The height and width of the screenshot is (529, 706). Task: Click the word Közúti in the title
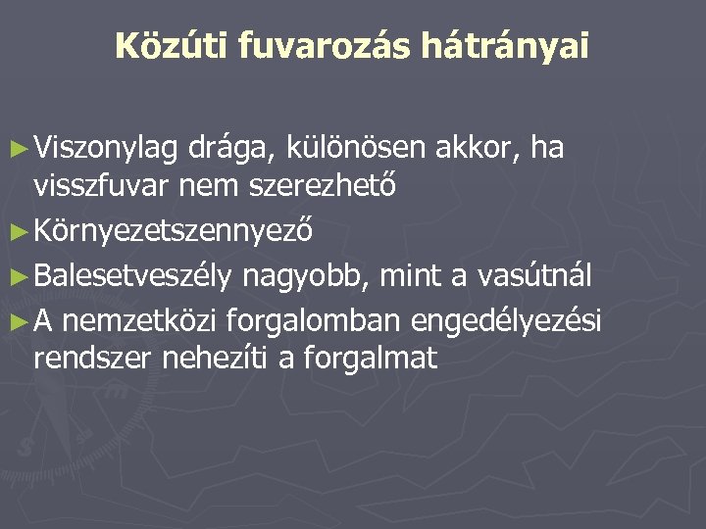[x=165, y=46]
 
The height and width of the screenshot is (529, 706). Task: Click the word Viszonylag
[x=105, y=149]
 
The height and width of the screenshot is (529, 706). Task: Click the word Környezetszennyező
[x=173, y=233]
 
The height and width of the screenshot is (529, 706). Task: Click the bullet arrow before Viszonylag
[x=18, y=149]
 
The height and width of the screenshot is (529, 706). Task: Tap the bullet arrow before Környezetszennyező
[x=18, y=233]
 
